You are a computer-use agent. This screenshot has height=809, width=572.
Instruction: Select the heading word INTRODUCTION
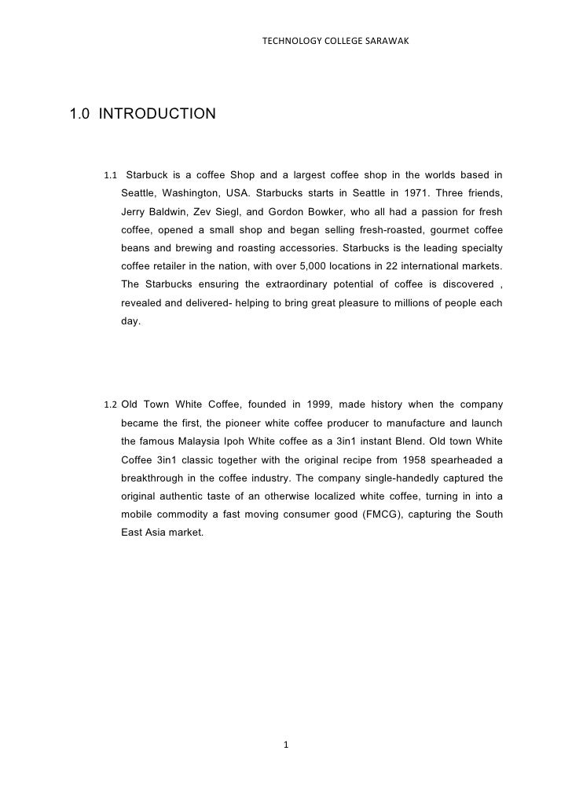pyautogui.click(x=157, y=115)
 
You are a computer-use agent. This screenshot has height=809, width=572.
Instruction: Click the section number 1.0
pyautogui.click(x=80, y=115)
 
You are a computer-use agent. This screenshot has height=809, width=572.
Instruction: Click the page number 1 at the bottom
pyautogui.click(x=287, y=745)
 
